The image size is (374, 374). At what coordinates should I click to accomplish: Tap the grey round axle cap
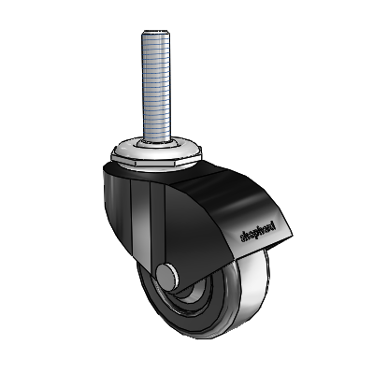pyautogui.click(x=167, y=277)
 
